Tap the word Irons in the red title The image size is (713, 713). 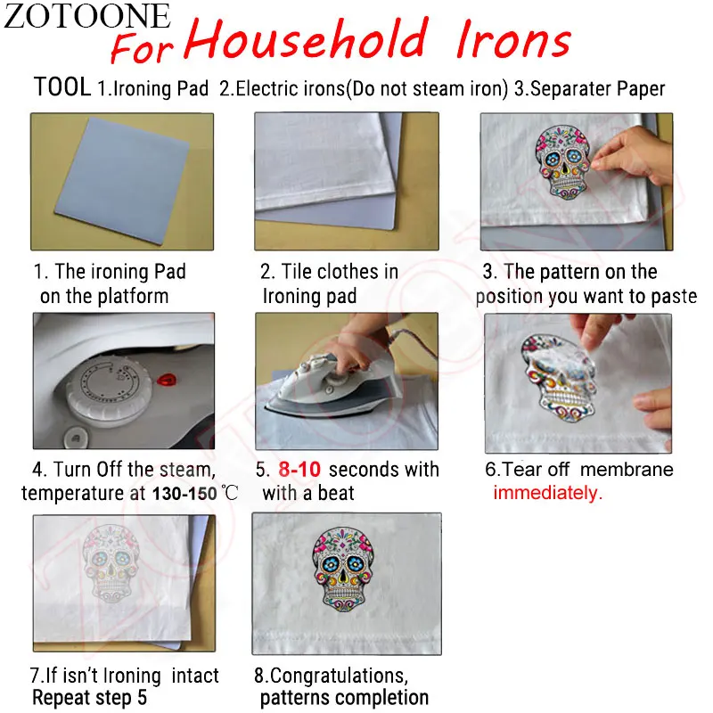coord(512,39)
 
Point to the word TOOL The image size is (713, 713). coord(61,87)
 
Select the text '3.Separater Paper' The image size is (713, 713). coord(589,89)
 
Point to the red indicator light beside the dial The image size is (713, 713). coord(165,380)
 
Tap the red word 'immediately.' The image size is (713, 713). coord(548,493)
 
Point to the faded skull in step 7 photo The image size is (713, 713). coord(117,570)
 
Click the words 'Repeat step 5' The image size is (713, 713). coord(89,698)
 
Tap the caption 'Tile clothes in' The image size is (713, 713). coord(329,272)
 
